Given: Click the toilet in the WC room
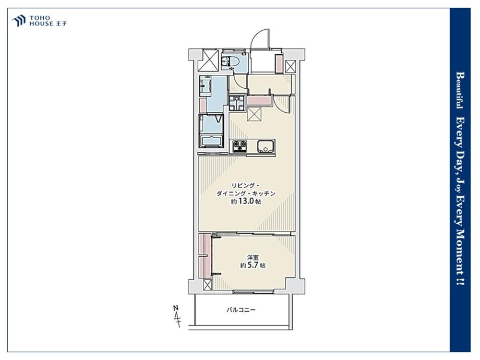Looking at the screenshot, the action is (x=229, y=62).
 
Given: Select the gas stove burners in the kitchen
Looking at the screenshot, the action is (x=240, y=146).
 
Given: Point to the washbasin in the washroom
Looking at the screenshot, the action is (x=205, y=86).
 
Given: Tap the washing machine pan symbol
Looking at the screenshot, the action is (x=237, y=103).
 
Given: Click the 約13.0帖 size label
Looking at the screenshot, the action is (x=246, y=202).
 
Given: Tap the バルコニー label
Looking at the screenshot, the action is (x=241, y=310).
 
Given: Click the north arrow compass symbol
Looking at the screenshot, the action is (x=177, y=316).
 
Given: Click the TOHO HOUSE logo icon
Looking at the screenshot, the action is (x=18, y=21).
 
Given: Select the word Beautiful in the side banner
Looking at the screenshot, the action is (x=460, y=90).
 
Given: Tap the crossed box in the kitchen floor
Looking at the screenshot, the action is (x=254, y=115).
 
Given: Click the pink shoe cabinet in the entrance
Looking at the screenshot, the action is (x=279, y=64).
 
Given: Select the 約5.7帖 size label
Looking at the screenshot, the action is (x=252, y=266).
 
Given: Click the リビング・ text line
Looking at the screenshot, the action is (x=245, y=185).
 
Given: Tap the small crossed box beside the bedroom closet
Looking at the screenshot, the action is (x=207, y=285).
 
